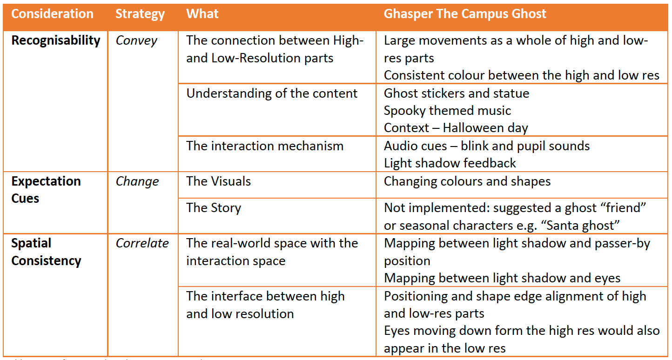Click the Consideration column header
coord(52,14)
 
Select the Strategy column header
coord(140,14)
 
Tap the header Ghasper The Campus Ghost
coord(465,14)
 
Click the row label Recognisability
coord(56,40)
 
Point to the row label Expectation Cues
coord(46,190)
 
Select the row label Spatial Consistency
coord(46,252)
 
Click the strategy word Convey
coord(136,40)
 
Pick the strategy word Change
coord(137,181)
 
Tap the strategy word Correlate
coord(142,243)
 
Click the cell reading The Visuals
coord(218,181)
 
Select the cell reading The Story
coord(214,207)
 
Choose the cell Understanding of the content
coord(272,93)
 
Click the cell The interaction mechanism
coord(265,146)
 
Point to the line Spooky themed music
coord(447,111)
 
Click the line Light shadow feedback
coord(450,163)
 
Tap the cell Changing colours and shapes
coord(467,181)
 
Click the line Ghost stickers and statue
coord(457,93)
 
